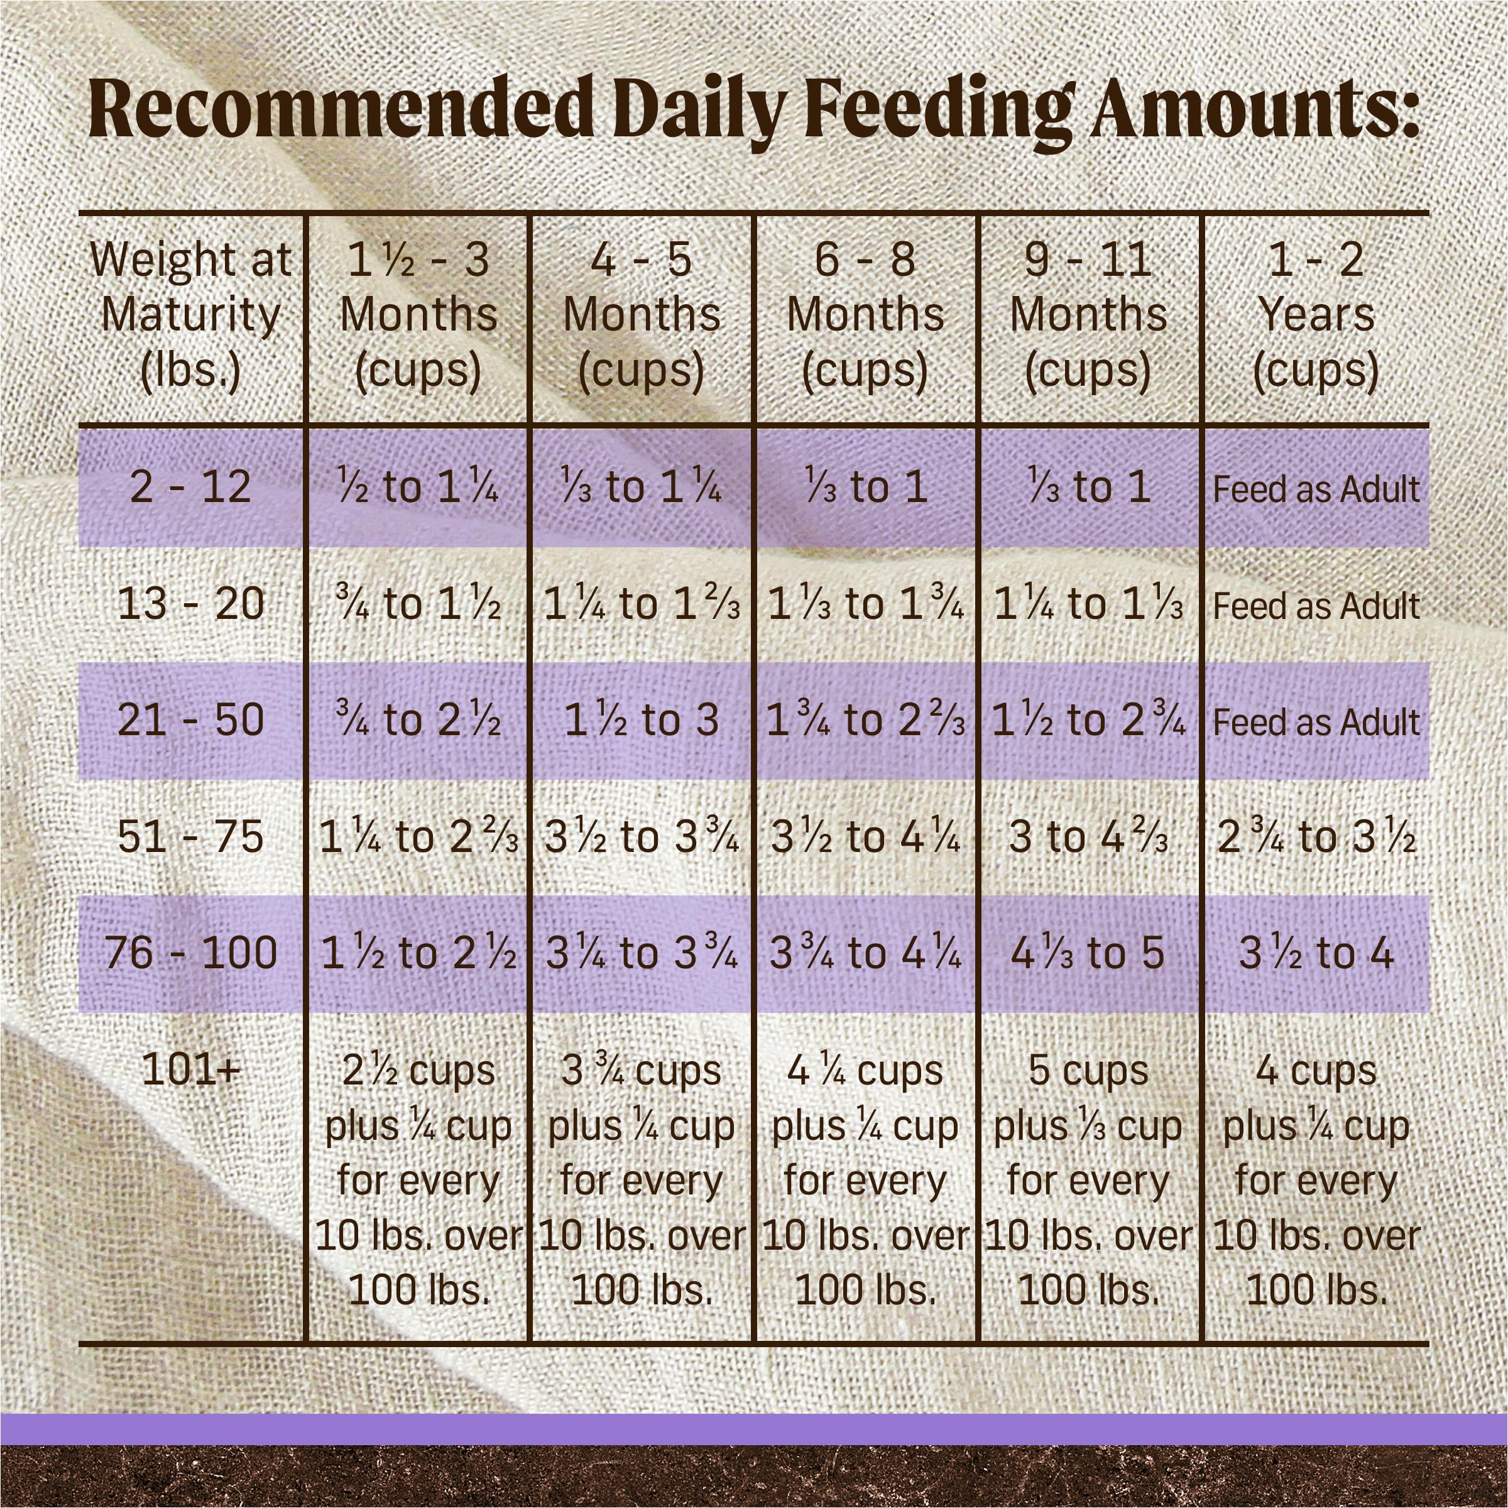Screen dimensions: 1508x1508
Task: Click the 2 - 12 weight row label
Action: tap(190, 487)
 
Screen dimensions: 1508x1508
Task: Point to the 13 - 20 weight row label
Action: tap(190, 604)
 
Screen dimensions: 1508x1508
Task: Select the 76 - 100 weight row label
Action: tap(190, 954)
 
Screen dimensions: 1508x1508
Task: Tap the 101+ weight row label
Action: tap(190, 1070)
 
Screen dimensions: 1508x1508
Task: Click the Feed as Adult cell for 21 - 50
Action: tap(1316, 722)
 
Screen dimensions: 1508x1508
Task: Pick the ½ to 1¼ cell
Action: tap(418, 488)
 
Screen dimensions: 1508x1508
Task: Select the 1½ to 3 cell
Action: tap(642, 721)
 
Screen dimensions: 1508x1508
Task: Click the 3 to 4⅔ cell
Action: tap(1088, 838)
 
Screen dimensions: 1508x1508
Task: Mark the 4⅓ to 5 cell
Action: tap(1088, 954)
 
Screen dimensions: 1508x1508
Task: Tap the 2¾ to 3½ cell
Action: tap(1316, 838)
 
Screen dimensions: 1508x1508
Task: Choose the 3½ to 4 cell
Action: tap(1316, 954)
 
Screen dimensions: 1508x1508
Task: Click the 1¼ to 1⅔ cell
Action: tap(642, 604)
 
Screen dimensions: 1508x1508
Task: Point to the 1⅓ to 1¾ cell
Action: tap(865, 604)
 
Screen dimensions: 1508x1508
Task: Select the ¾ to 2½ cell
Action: tap(418, 721)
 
